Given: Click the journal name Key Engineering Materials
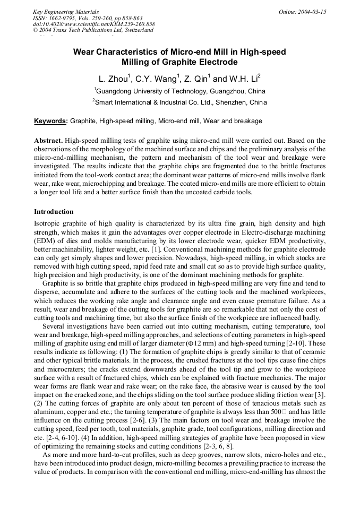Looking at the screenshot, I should [65, 12].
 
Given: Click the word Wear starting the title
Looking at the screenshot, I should [84, 52].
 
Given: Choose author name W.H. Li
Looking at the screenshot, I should [244, 79].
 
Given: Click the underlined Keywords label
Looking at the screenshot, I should [50, 121].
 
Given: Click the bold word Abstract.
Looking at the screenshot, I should [49, 141].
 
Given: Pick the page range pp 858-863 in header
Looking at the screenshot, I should [123, 18].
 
